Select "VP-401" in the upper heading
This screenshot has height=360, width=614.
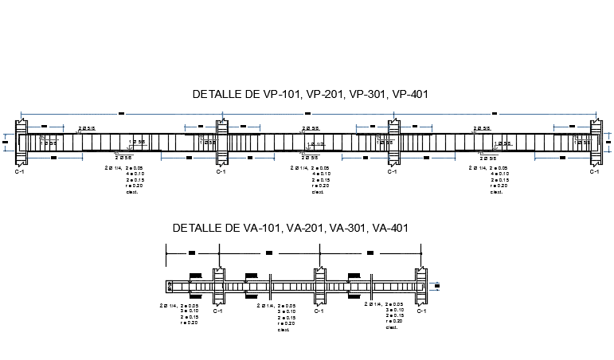(410, 94)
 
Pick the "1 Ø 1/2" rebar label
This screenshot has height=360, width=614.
(316, 144)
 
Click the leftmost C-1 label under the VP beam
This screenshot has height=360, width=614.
(19, 171)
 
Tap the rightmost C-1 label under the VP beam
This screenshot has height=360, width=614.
(594, 171)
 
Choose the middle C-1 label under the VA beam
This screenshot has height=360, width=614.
(319, 311)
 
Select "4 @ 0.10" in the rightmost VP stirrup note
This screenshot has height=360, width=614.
(499, 174)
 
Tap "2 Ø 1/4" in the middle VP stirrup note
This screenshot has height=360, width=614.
(299, 168)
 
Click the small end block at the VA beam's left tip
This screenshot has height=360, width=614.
(170, 286)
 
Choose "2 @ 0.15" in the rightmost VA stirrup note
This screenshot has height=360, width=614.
(393, 316)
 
